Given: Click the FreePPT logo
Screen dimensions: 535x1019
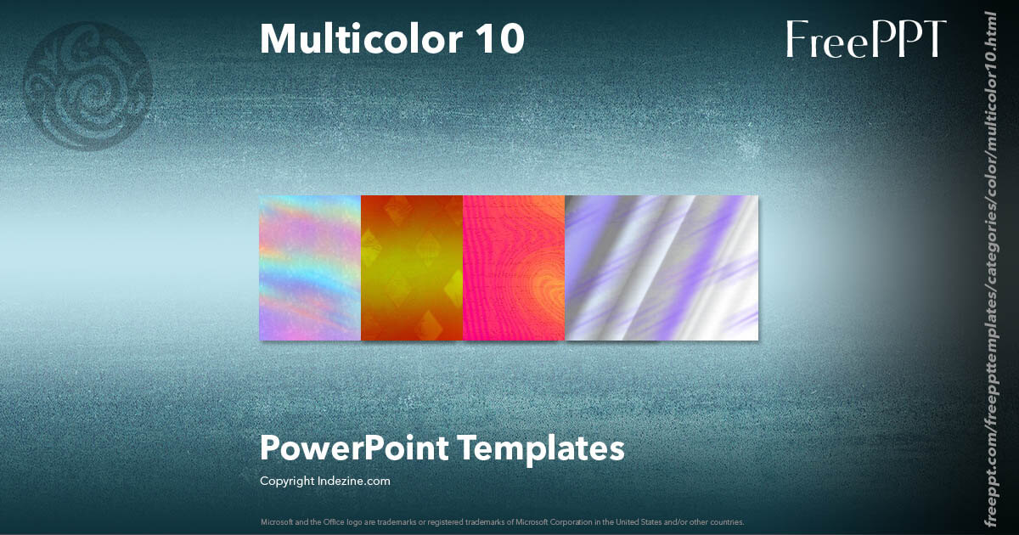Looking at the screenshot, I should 865,39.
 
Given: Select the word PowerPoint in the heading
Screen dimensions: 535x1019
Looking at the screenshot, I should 353,448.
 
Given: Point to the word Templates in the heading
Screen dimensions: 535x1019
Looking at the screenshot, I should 542,448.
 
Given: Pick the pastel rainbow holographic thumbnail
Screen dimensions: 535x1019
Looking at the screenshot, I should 310,267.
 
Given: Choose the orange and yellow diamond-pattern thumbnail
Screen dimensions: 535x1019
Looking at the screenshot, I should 412,267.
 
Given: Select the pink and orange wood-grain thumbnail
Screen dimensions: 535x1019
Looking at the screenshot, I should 514,267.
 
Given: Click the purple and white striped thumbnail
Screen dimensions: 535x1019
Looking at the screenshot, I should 662,267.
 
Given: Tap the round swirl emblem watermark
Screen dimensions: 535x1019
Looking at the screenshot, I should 89,86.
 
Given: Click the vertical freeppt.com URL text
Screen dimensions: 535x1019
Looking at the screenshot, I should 990,267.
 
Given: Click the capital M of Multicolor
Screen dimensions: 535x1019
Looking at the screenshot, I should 276,38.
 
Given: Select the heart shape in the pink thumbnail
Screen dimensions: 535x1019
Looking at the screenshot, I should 543,292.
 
